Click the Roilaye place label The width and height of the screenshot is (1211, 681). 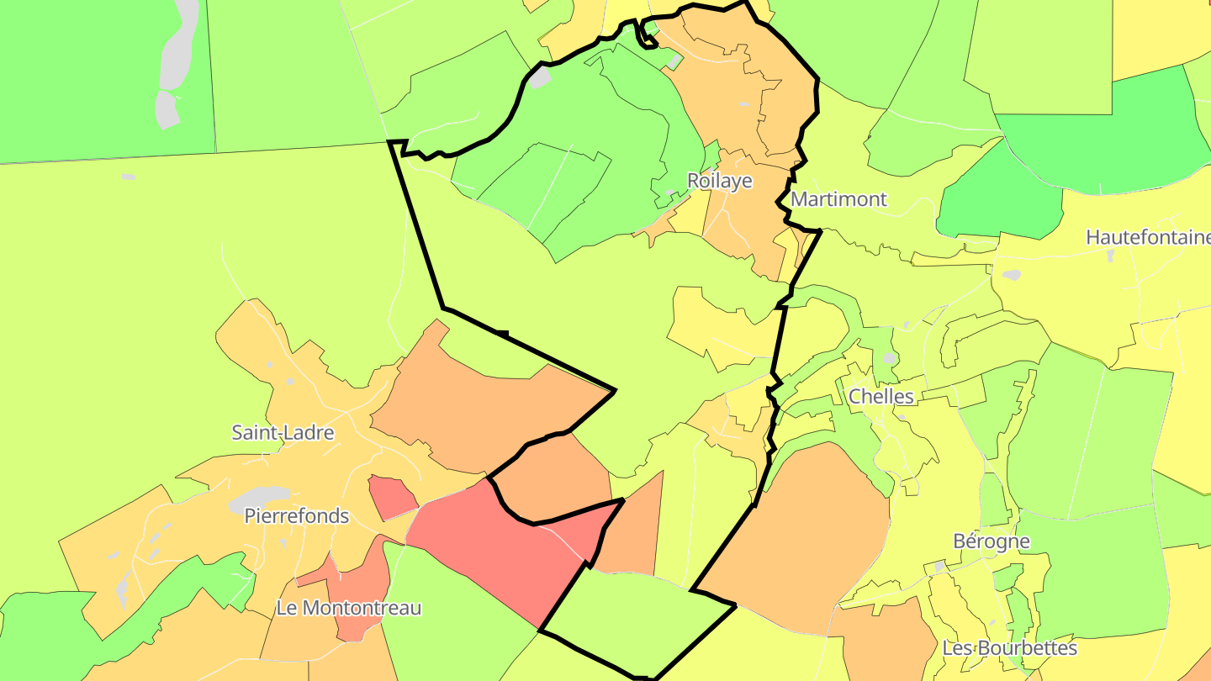pos(719,181)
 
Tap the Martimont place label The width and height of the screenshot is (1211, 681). pos(838,199)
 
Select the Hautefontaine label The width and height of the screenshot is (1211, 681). pos(1148,237)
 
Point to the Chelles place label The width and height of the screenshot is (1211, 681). pos(880,396)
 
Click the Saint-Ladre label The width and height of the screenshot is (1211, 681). pos(283,433)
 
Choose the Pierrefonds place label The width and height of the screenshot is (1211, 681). pos(296,515)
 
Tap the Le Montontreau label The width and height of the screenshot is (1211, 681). pos(348,608)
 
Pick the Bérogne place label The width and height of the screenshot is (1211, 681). pos(991,541)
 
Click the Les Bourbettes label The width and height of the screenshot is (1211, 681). pos(1009,648)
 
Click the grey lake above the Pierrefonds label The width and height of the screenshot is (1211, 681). pos(259,499)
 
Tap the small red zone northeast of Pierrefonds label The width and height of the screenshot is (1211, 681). pos(391,497)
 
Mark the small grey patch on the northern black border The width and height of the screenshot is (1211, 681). pos(539,78)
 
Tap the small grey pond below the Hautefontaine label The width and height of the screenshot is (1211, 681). pos(1011,275)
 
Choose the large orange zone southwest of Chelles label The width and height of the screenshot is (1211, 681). pos(799,538)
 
